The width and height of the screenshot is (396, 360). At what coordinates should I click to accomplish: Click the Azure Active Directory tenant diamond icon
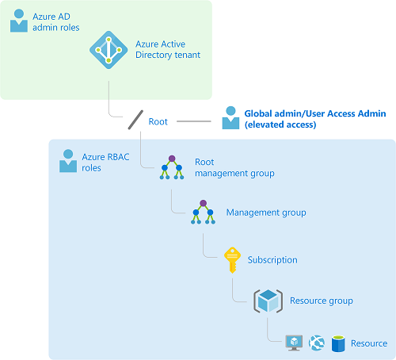click(109, 50)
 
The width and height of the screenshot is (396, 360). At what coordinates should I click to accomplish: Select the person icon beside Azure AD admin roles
click(19, 21)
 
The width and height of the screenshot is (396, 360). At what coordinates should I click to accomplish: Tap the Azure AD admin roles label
click(56, 22)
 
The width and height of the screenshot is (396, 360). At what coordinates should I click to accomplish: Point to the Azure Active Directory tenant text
click(168, 49)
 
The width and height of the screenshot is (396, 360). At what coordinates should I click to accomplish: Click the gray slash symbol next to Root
click(135, 120)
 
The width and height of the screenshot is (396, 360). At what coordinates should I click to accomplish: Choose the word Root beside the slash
click(158, 121)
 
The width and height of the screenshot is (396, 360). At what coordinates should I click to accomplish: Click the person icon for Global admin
click(230, 118)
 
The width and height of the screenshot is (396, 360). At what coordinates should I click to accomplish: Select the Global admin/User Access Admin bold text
click(315, 119)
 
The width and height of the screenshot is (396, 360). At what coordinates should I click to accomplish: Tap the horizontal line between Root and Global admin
click(194, 121)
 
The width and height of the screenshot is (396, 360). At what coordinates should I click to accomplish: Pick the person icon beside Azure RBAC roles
click(68, 161)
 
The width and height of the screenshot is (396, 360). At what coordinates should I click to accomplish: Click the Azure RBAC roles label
click(105, 163)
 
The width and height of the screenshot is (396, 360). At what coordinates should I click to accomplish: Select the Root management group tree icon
click(172, 167)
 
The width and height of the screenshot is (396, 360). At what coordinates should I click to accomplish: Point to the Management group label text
click(266, 213)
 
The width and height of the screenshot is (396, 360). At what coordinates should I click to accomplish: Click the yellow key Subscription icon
click(232, 260)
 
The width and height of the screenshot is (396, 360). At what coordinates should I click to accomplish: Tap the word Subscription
click(272, 260)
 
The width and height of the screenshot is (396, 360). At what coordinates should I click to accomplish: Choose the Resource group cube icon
click(268, 301)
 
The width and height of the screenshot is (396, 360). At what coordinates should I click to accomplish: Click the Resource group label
click(322, 301)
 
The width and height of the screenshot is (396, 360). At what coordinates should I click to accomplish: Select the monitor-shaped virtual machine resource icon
click(294, 343)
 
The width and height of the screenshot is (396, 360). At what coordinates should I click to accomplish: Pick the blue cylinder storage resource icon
click(338, 343)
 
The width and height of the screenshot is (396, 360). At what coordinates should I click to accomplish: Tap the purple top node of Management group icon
click(203, 203)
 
